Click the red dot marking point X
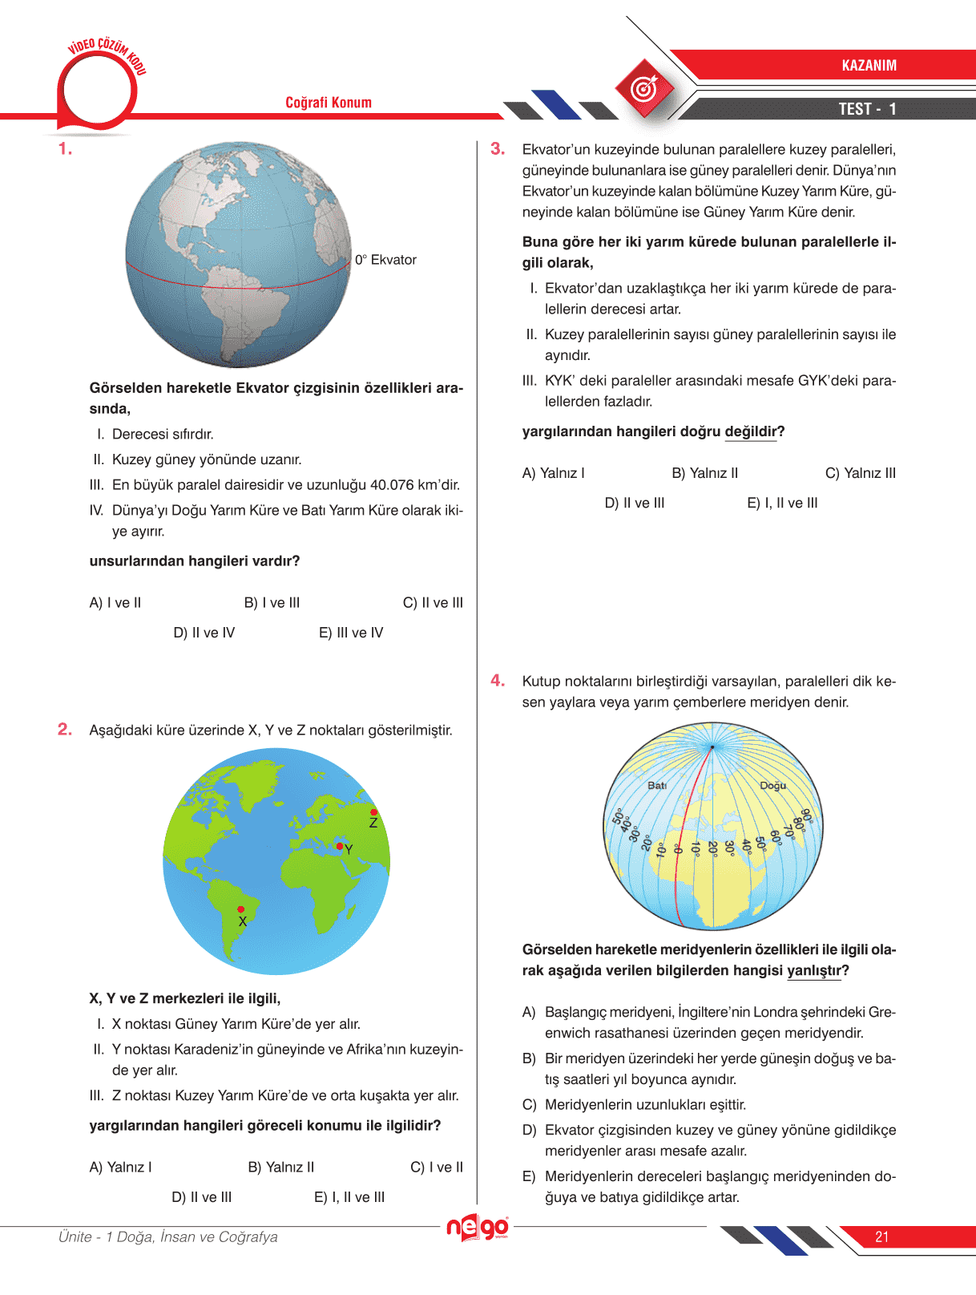[x=240, y=909]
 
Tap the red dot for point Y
[x=340, y=847]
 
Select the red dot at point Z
[x=373, y=812]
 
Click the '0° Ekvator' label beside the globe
[x=385, y=260]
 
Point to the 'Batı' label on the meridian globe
[x=657, y=786]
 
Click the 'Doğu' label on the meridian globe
[x=773, y=786]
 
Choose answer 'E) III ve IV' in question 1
[x=351, y=633]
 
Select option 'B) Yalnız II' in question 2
[x=280, y=1168]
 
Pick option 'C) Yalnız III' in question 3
[x=861, y=473]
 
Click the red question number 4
[x=498, y=681]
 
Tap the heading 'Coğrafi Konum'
[x=329, y=103]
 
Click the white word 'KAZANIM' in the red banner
[x=869, y=66]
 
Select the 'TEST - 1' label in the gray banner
[x=867, y=109]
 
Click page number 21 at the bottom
[x=882, y=1236]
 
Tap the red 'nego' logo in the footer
[x=478, y=1227]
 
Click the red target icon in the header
[x=644, y=89]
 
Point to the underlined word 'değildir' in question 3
[x=751, y=431]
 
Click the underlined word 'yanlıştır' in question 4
[x=814, y=970]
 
